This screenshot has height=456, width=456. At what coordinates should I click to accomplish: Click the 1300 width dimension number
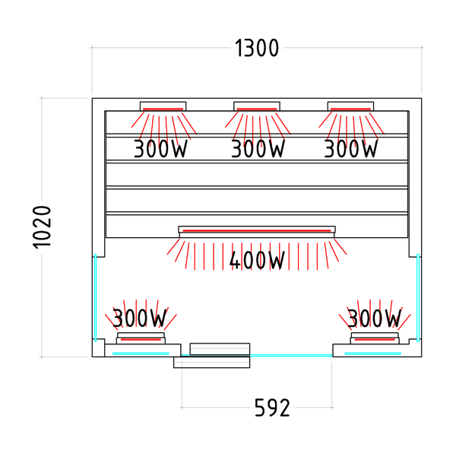coord(257,48)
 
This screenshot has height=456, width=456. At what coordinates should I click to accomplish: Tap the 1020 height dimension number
coord(42,227)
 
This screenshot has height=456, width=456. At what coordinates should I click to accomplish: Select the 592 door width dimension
coord(272,407)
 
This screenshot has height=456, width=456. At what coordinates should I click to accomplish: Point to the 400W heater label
coord(257,260)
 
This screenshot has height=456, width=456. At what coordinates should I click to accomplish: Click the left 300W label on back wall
coord(160,149)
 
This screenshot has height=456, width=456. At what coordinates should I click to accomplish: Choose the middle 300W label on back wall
coord(258,149)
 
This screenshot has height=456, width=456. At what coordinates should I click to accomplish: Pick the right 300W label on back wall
coord(351,149)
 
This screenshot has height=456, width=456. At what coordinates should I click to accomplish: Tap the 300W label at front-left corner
coord(140,318)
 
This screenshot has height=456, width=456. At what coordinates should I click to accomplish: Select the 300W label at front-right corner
coord(374,318)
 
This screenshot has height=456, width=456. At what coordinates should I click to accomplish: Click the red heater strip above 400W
coord(257,231)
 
